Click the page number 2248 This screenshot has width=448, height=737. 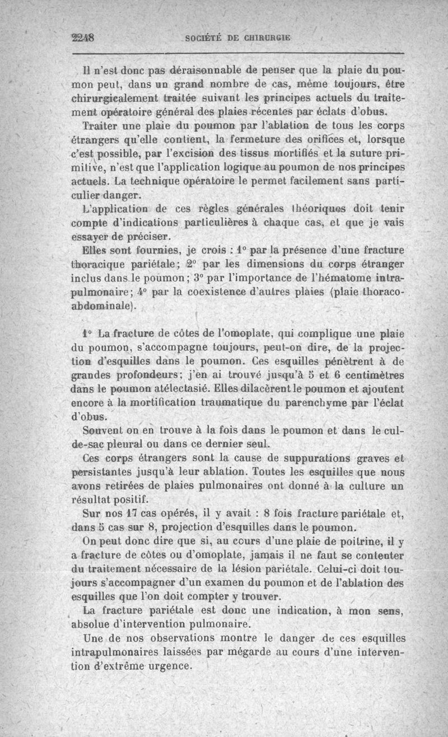click(83, 38)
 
